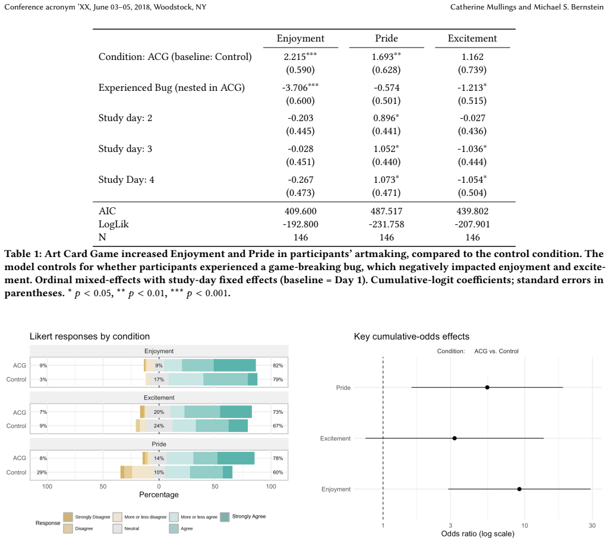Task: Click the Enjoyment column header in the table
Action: [300, 39]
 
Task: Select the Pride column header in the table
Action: [386, 39]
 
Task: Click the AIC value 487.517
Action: [386, 211]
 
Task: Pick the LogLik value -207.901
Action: [472, 224]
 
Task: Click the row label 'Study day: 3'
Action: [125, 149]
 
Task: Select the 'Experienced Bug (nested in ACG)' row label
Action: [171, 88]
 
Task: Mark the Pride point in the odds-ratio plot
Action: [487, 387]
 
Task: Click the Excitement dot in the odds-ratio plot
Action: [455, 438]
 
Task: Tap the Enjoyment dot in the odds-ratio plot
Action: [519, 489]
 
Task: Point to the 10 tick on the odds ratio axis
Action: [525, 525]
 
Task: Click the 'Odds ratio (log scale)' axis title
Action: [478, 534]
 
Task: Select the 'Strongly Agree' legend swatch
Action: [225, 517]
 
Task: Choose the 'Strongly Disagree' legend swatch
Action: [68, 517]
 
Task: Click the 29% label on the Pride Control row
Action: [42, 472]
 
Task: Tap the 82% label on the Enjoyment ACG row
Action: [277, 366]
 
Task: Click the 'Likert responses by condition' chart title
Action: [90, 337]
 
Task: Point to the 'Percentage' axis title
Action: [159, 495]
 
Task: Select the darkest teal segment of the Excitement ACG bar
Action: [236, 411]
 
